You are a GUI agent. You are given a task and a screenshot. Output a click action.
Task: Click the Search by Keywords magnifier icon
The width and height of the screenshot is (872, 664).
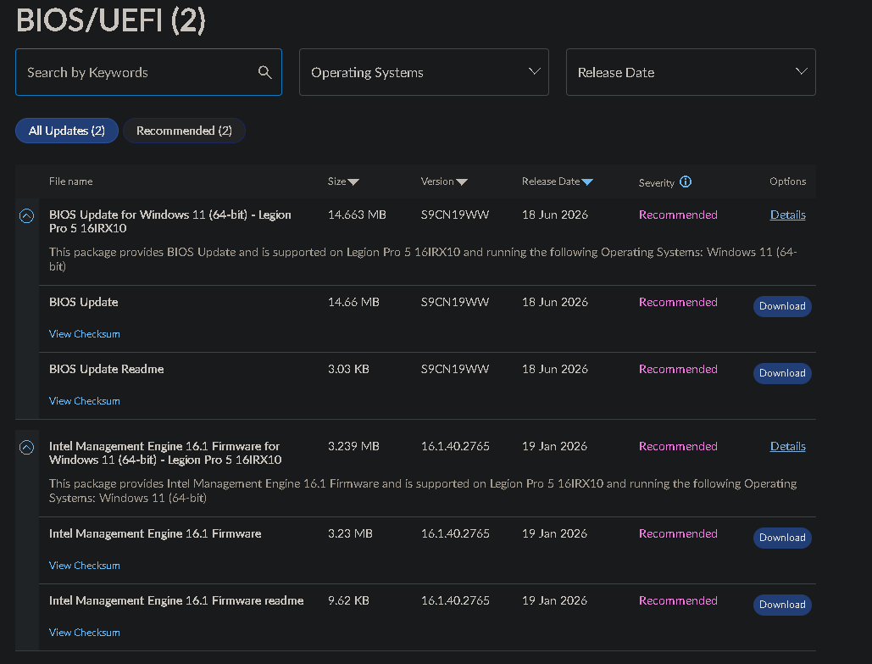264,72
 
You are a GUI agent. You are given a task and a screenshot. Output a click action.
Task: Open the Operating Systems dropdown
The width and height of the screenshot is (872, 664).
424,72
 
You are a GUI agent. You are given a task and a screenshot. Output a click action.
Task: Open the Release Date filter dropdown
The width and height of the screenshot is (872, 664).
691,72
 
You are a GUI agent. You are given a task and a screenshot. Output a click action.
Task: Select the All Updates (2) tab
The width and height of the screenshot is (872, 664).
67,131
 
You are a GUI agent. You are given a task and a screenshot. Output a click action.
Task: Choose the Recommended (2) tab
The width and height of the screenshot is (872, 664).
184,131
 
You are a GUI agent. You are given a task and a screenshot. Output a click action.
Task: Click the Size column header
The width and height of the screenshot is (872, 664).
343,181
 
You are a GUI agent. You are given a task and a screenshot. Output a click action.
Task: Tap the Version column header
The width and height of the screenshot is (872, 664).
444,181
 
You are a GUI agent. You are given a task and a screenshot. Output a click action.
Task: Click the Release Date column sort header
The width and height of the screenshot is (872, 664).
558,181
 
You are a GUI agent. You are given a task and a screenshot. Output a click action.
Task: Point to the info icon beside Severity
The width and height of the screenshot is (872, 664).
686,181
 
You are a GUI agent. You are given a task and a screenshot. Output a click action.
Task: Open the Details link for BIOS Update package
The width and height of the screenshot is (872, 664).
787,215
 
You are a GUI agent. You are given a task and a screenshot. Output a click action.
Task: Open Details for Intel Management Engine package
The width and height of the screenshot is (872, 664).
787,446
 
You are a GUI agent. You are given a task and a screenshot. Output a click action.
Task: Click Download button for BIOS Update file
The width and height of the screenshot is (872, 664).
782,306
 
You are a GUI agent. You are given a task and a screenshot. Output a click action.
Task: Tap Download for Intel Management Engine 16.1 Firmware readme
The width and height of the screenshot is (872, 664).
782,605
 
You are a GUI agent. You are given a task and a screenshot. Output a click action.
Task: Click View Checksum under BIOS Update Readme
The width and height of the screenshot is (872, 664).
85,401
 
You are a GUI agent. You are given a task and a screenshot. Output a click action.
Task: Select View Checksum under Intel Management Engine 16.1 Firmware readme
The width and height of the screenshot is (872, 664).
85,633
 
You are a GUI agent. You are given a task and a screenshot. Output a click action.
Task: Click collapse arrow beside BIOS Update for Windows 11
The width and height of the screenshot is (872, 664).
27,215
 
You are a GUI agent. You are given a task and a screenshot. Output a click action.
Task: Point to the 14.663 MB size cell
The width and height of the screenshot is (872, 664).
357,215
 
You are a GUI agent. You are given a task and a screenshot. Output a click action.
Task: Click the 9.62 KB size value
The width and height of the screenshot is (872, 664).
348,600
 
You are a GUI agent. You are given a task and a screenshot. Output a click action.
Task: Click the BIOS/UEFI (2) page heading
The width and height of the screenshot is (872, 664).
111,20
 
